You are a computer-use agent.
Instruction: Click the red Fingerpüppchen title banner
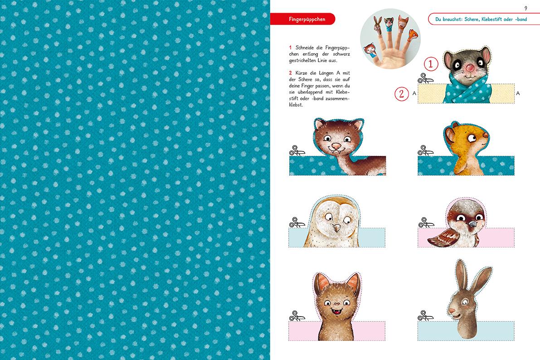click(303, 19)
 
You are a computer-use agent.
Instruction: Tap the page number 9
click(526, 8)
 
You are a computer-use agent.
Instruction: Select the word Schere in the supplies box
click(472, 19)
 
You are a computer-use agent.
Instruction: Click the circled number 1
click(430, 64)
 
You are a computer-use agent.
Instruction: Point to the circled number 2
click(401, 93)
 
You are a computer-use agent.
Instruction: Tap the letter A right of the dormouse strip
click(518, 93)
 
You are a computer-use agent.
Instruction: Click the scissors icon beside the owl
click(297, 223)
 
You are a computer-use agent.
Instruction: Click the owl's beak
click(336, 228)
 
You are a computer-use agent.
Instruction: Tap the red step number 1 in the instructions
click(290, 48)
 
